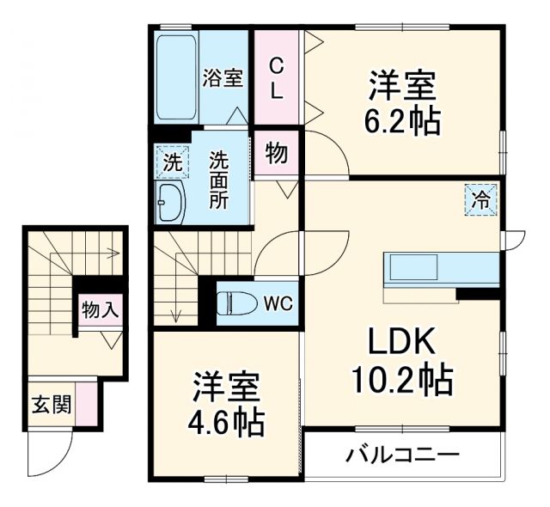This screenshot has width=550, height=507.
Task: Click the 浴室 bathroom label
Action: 223,78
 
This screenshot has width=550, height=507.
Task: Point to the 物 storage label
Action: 276,154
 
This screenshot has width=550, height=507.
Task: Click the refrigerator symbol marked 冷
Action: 482,201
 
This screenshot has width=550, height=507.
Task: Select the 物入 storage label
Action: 100,309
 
